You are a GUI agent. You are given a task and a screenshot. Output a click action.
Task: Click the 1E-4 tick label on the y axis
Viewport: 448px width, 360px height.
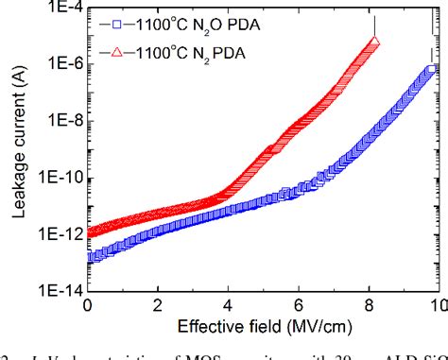point(59,8)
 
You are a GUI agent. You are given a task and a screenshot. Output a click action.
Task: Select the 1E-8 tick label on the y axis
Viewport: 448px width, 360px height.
point(59,122)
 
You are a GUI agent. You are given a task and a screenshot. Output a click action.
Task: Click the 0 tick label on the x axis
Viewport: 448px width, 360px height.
point(88,307)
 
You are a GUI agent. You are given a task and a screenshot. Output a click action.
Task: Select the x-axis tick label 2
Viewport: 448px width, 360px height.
point(158,307)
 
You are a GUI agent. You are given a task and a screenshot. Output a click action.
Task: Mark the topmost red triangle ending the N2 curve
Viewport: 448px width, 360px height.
point(374,42)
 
